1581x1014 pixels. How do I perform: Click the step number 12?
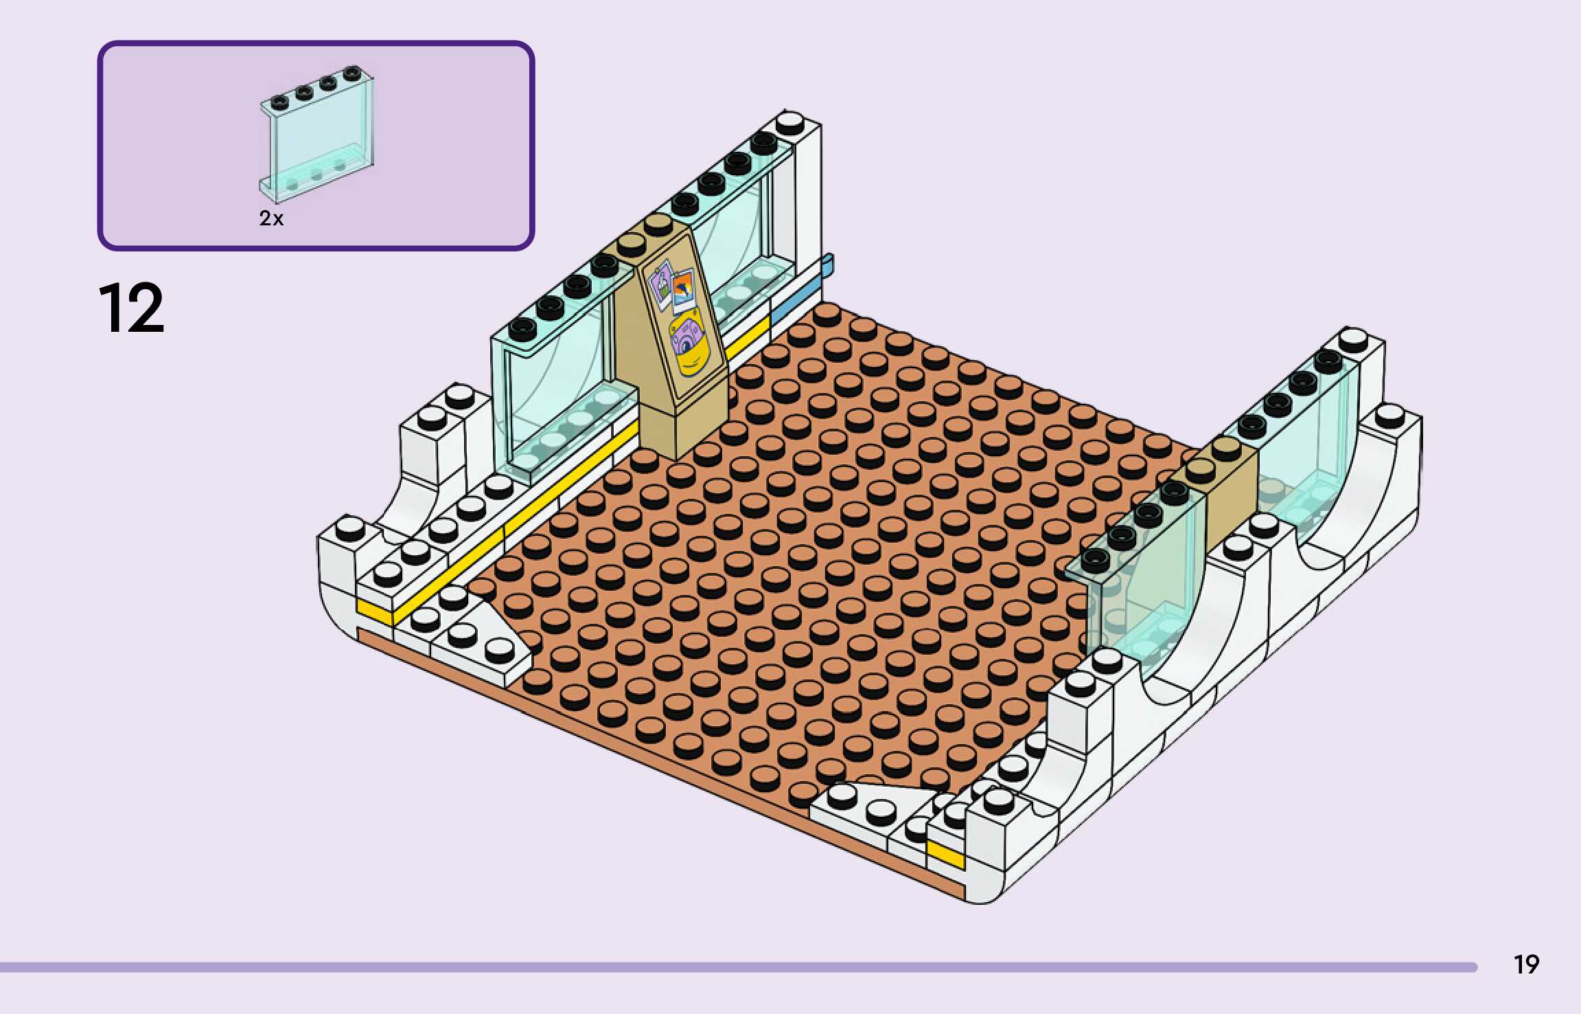click(x=131, y=308)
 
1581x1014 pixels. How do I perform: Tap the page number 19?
click(x=1526, y=965)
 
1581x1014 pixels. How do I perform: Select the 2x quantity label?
click(x=271, y=218)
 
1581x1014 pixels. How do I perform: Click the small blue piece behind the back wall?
click(x=827, y=264)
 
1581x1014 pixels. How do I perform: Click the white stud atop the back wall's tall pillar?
click(x=789, y=124)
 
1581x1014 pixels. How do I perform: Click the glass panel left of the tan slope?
click(x=556, y=385)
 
